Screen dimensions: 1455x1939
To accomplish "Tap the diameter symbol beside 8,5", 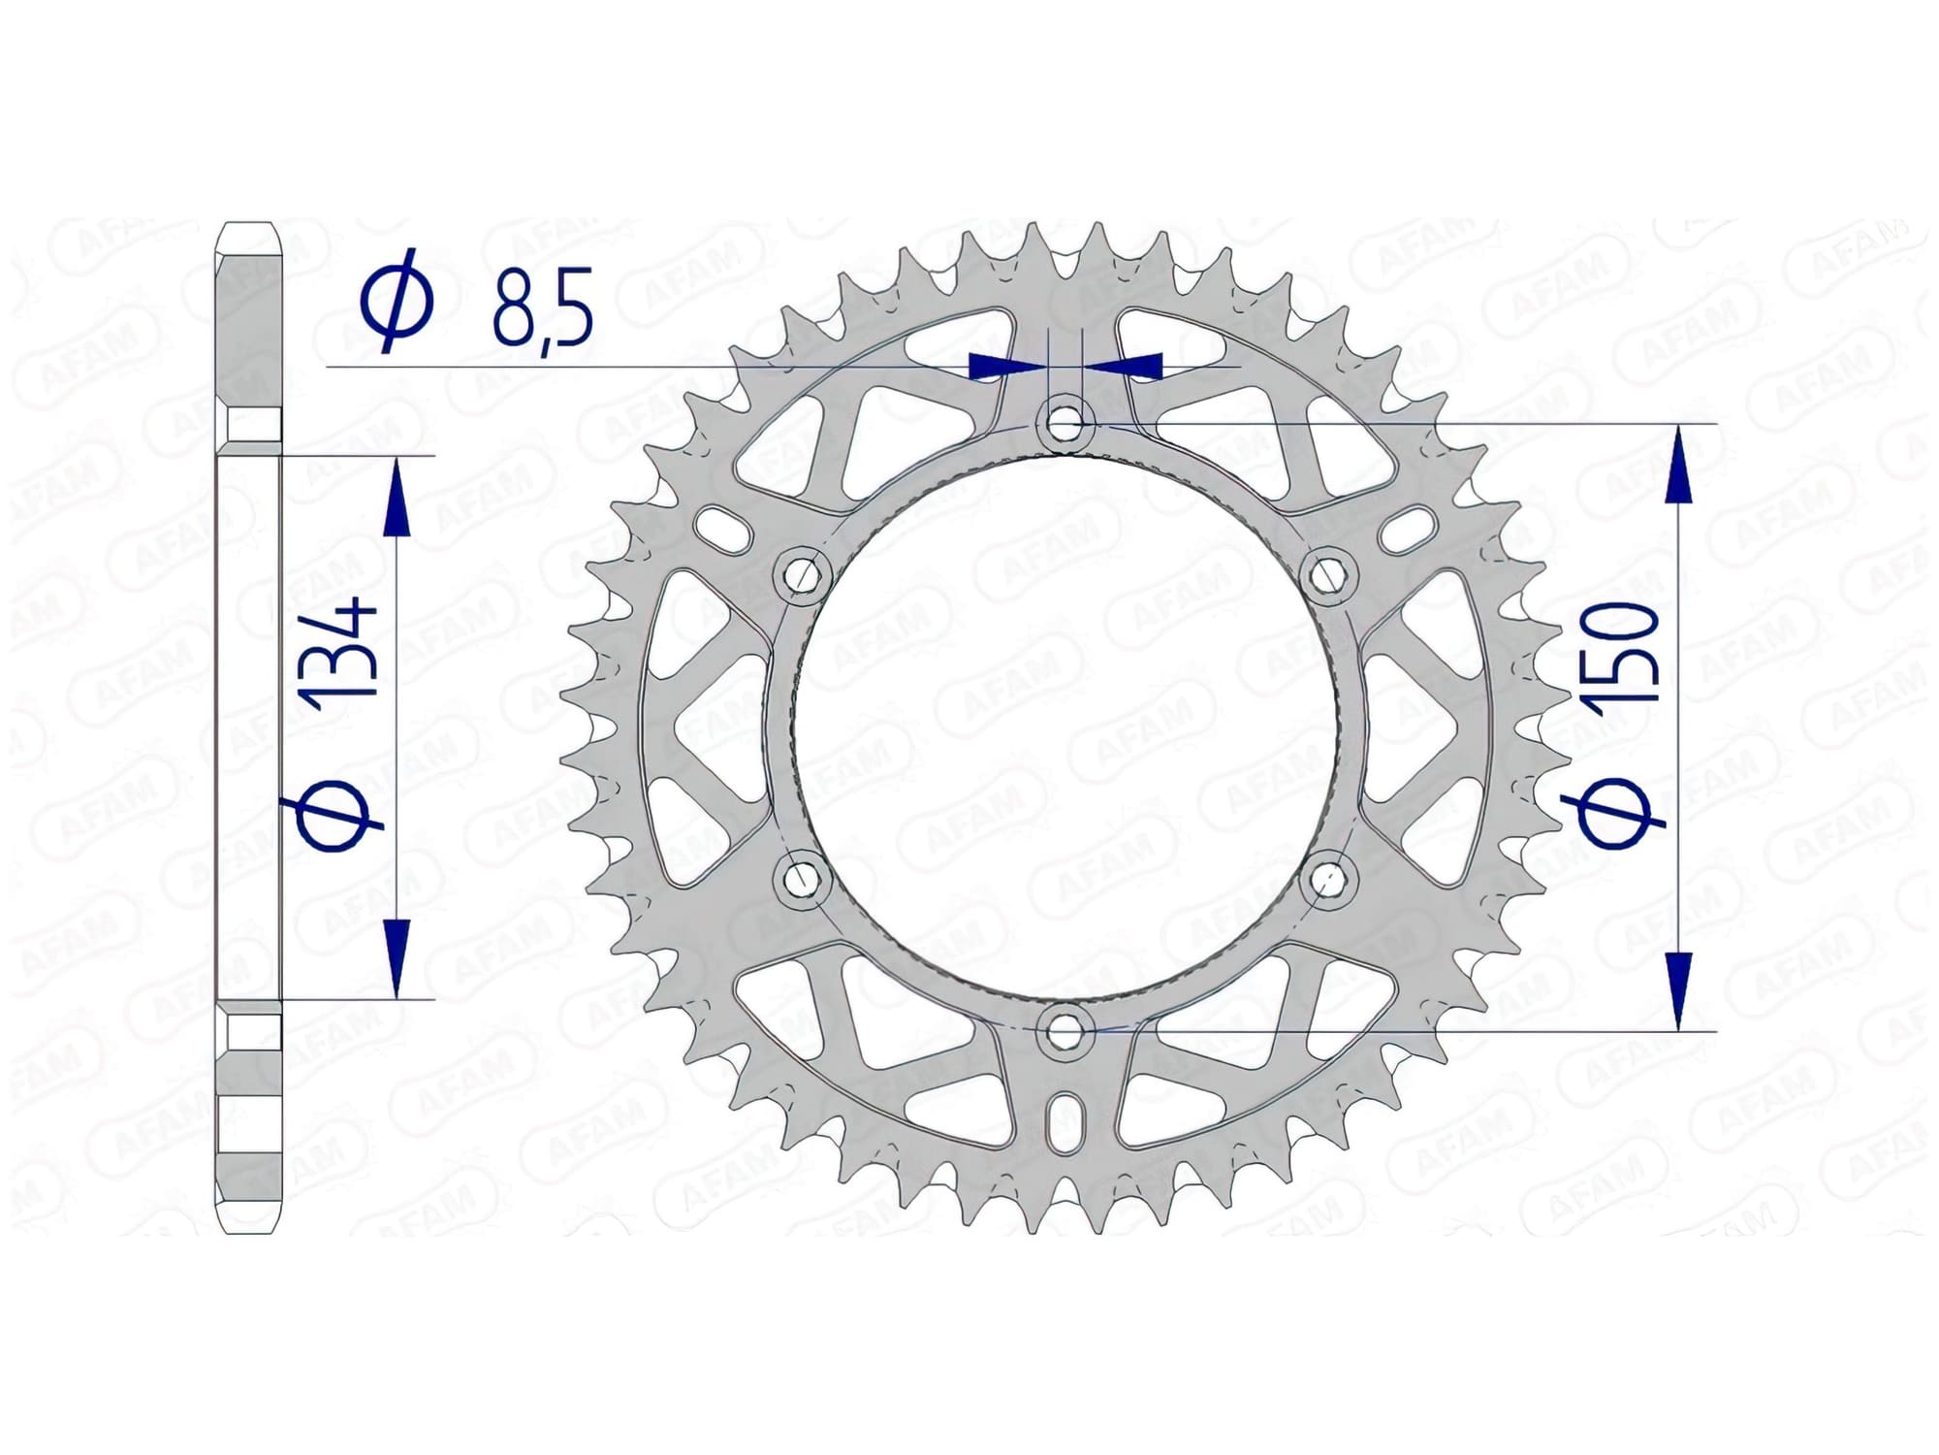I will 397,300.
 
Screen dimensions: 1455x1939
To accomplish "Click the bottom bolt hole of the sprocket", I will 1065,1032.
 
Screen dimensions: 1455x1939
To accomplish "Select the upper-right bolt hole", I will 1328,575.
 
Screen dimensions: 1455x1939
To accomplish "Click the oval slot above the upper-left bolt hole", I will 724,528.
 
